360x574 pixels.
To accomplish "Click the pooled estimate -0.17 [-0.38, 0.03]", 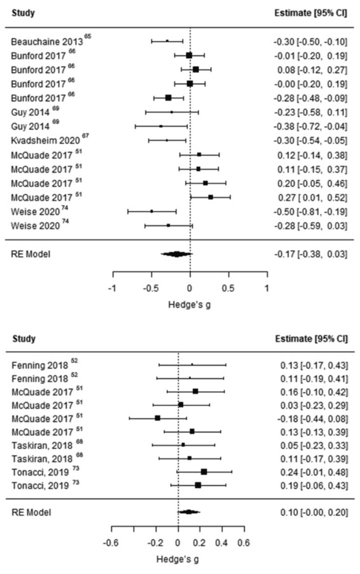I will (x=310, y=254).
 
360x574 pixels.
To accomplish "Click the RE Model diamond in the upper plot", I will (x=177, y=254).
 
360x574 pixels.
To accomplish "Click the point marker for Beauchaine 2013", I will (x=167, y=41).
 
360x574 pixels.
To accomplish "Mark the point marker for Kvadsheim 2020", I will (x=167, y=141).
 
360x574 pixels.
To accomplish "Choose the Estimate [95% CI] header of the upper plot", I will (x=311, y=13).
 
